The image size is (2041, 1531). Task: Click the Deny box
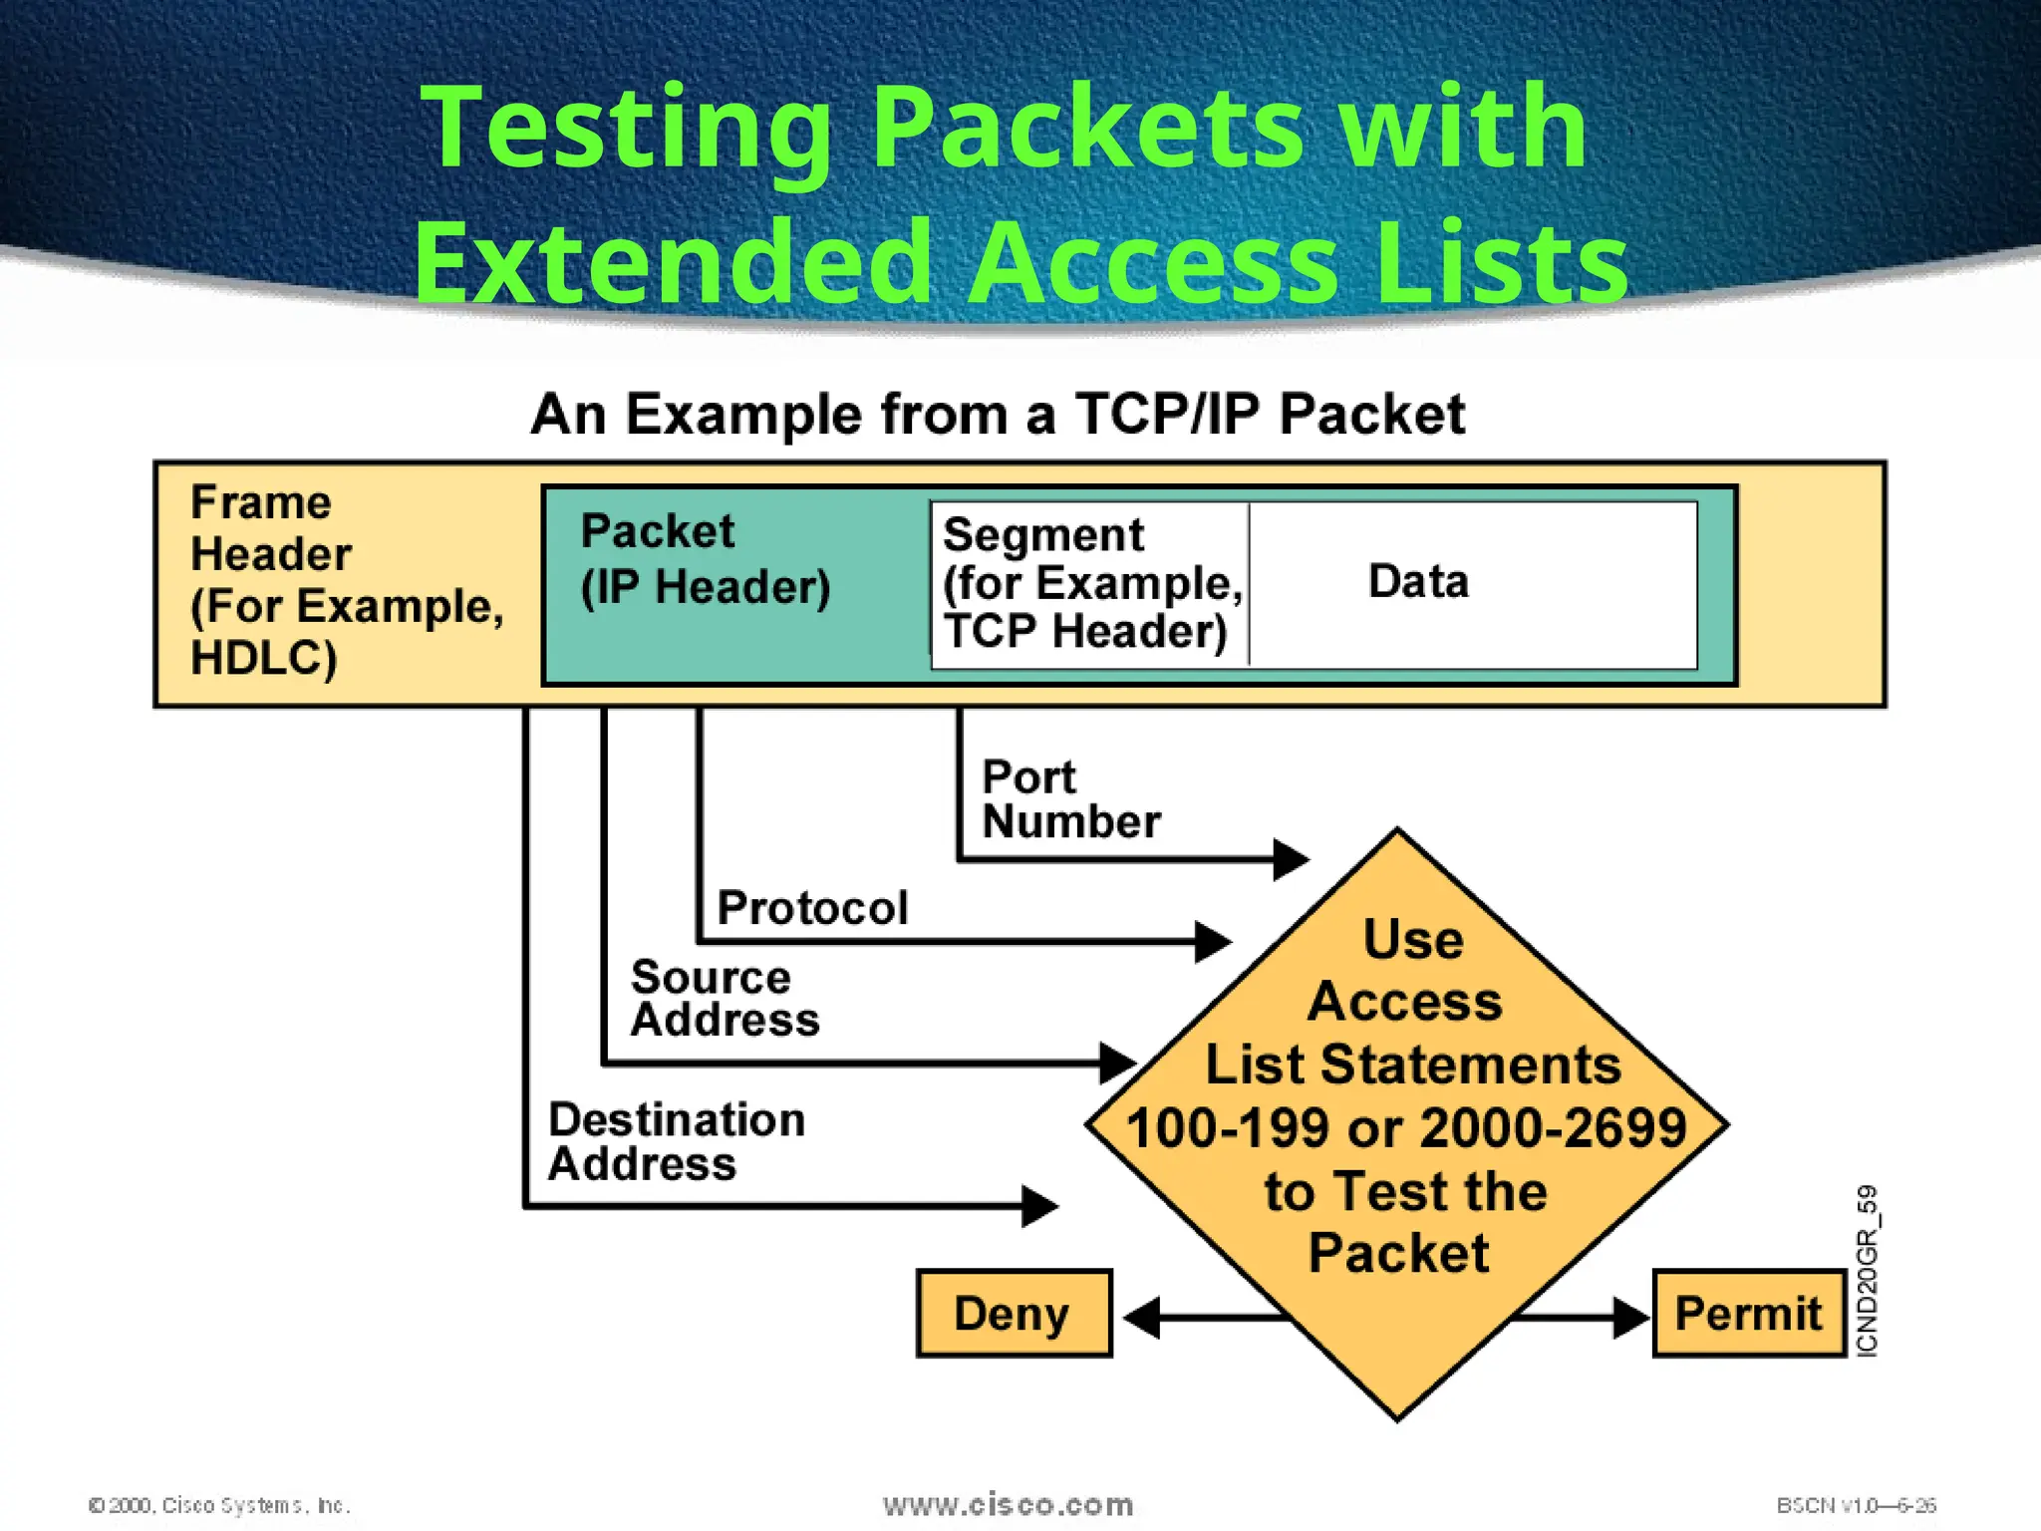(x=1014, y=1313)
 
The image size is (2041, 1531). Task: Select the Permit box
(x=1749, y=1313)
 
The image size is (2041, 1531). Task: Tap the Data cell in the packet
(x=1418, y=582)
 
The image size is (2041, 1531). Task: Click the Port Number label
(x=1070, y=799)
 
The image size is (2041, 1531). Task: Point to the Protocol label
(x=812, y=908)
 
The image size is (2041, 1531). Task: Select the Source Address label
(x=725, y=999)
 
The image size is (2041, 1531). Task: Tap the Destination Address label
(x=676, y=1141)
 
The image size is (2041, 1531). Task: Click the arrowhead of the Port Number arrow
(x=1292, y=858)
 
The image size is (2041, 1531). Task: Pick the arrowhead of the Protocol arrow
(x=1213, y=941)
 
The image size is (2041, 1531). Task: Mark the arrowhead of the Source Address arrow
(x=1117, y=1064)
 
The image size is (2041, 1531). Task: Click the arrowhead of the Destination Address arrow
(x=1039, y=1206)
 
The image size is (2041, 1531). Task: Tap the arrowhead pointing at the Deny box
(x=1142, y=1318)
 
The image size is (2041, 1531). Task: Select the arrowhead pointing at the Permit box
(x=1631, y=1318)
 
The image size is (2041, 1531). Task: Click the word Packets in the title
(x=1087, y=128)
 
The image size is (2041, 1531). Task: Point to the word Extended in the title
(x=674, y=262)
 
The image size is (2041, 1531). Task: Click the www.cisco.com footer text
(x=1008, y=1504)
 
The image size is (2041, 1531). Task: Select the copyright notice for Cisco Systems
(x=219, y=1505)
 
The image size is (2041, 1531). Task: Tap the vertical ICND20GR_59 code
(x=1867, y=1270)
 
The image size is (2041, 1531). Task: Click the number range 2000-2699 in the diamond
(x=1553, y=1128)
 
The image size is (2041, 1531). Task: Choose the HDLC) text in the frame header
(x=264, y=658)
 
